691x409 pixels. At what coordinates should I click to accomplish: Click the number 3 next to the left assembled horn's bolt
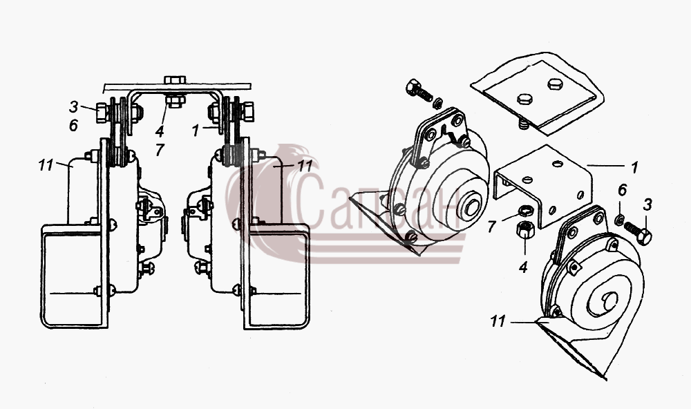point(74,106)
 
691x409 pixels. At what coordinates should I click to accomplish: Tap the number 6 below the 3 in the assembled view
point(74,126)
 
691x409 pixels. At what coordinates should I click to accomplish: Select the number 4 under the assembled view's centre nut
point(159,131)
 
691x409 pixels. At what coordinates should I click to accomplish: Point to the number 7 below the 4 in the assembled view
point(160,150)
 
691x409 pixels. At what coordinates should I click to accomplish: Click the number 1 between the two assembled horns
point(196,131)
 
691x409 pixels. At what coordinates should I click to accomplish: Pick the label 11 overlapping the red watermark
point(305,166)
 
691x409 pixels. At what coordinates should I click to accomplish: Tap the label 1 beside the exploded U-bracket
point(634,167)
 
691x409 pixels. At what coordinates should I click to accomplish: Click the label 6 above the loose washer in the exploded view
point(622,191)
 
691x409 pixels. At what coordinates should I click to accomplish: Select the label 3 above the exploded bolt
point(647,204)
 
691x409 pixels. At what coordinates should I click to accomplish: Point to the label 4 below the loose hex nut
point(523,267)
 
